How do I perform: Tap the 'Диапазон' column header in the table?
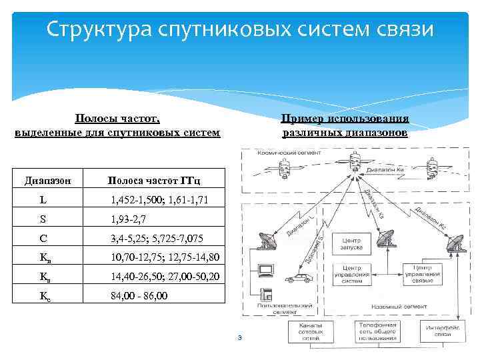pos(52,180)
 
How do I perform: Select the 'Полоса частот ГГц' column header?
pos(154,180)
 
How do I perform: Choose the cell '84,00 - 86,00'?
pos(139,295)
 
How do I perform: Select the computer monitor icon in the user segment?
pos(265,271)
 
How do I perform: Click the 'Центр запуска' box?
pos(351,243)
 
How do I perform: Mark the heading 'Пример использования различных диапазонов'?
pos(345,125)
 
